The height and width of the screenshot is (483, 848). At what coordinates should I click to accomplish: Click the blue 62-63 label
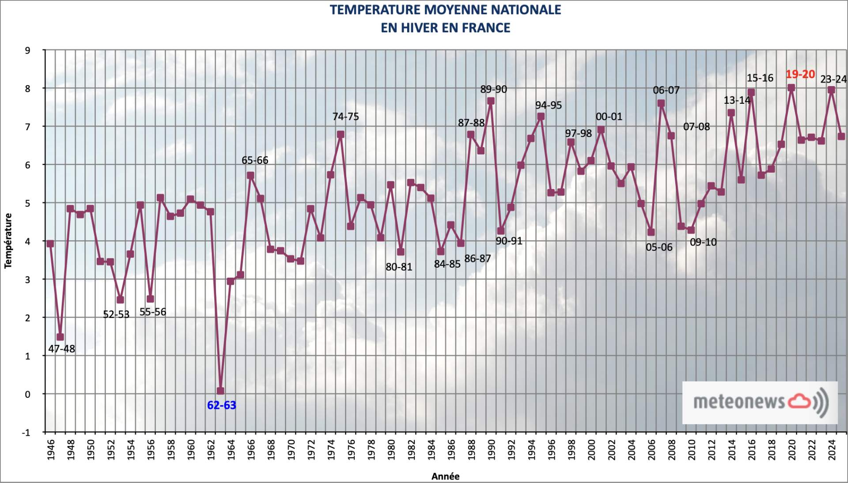(221, 405)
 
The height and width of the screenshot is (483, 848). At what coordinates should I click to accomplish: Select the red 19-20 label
(800, 74)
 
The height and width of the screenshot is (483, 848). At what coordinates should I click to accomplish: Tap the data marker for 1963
(220, 391)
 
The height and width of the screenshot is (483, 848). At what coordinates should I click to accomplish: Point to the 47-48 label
(61, 349)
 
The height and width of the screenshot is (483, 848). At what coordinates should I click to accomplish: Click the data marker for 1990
(491, 101)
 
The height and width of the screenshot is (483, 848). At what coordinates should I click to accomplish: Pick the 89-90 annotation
(493, 89)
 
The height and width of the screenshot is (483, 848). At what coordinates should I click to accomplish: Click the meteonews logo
(760, 402)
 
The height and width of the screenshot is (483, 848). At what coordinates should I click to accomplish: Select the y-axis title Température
(8, 241)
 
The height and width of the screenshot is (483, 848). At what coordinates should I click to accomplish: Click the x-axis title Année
(445, 476)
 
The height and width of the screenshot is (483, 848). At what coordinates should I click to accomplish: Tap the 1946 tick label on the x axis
(51, 449)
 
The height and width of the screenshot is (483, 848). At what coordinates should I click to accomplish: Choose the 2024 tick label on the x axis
(832, 449)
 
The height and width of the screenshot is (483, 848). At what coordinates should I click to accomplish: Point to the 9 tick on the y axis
(28, 50)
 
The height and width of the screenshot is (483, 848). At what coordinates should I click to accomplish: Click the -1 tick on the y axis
(26, 433)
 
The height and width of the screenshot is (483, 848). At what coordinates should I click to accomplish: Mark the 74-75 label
(345, 117)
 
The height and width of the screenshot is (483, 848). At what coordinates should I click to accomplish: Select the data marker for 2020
(791, 88)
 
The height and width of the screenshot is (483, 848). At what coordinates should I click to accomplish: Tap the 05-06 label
(659, 247)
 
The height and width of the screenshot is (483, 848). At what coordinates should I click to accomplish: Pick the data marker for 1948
(70, 208)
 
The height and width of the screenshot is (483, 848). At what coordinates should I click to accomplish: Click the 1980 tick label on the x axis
(391, 449)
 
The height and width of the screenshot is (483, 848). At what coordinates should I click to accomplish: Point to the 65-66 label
(255, 160)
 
